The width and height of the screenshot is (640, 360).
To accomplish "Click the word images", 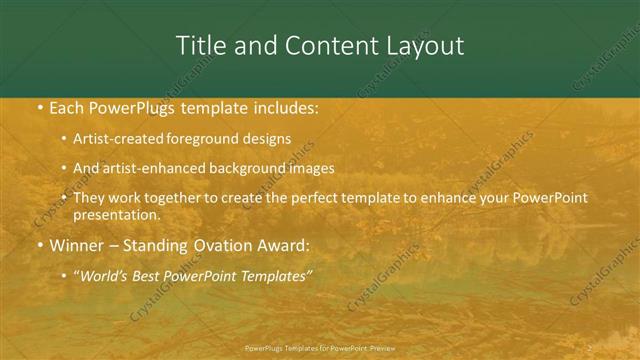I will (309, 168).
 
